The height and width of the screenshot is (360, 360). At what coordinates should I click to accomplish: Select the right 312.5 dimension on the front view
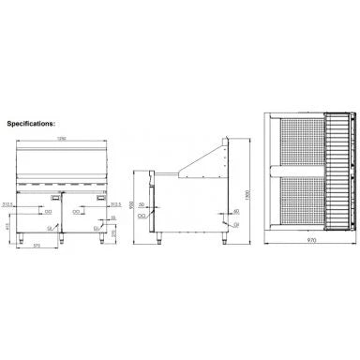[x=115, y=202]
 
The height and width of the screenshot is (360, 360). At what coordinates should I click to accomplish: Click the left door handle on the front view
[x=48, y=201]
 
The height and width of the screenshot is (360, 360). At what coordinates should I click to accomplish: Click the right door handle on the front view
[x=98, y=201]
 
